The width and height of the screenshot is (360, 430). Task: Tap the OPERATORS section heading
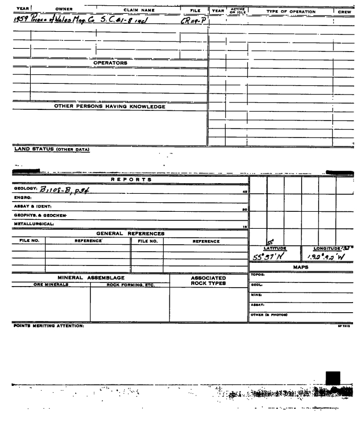110,63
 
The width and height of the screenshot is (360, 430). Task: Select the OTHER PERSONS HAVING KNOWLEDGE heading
109,106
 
